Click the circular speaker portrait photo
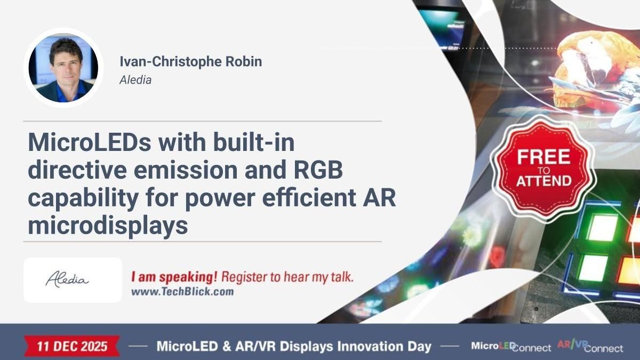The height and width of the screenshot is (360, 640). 63,68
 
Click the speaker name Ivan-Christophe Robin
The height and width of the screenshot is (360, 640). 190,61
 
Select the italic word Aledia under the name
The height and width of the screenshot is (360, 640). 135,80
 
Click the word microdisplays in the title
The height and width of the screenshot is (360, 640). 108,226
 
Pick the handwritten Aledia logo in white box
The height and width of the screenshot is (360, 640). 67,279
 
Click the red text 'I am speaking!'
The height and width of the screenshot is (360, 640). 174,277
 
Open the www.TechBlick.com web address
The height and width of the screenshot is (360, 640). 182,292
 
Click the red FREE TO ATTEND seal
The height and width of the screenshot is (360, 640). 543,167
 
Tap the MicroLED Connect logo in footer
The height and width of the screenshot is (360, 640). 510,346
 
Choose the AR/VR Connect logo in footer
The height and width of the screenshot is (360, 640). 589,346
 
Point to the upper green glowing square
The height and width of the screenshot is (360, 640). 602,227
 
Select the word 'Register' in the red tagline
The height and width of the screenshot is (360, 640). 241,277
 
